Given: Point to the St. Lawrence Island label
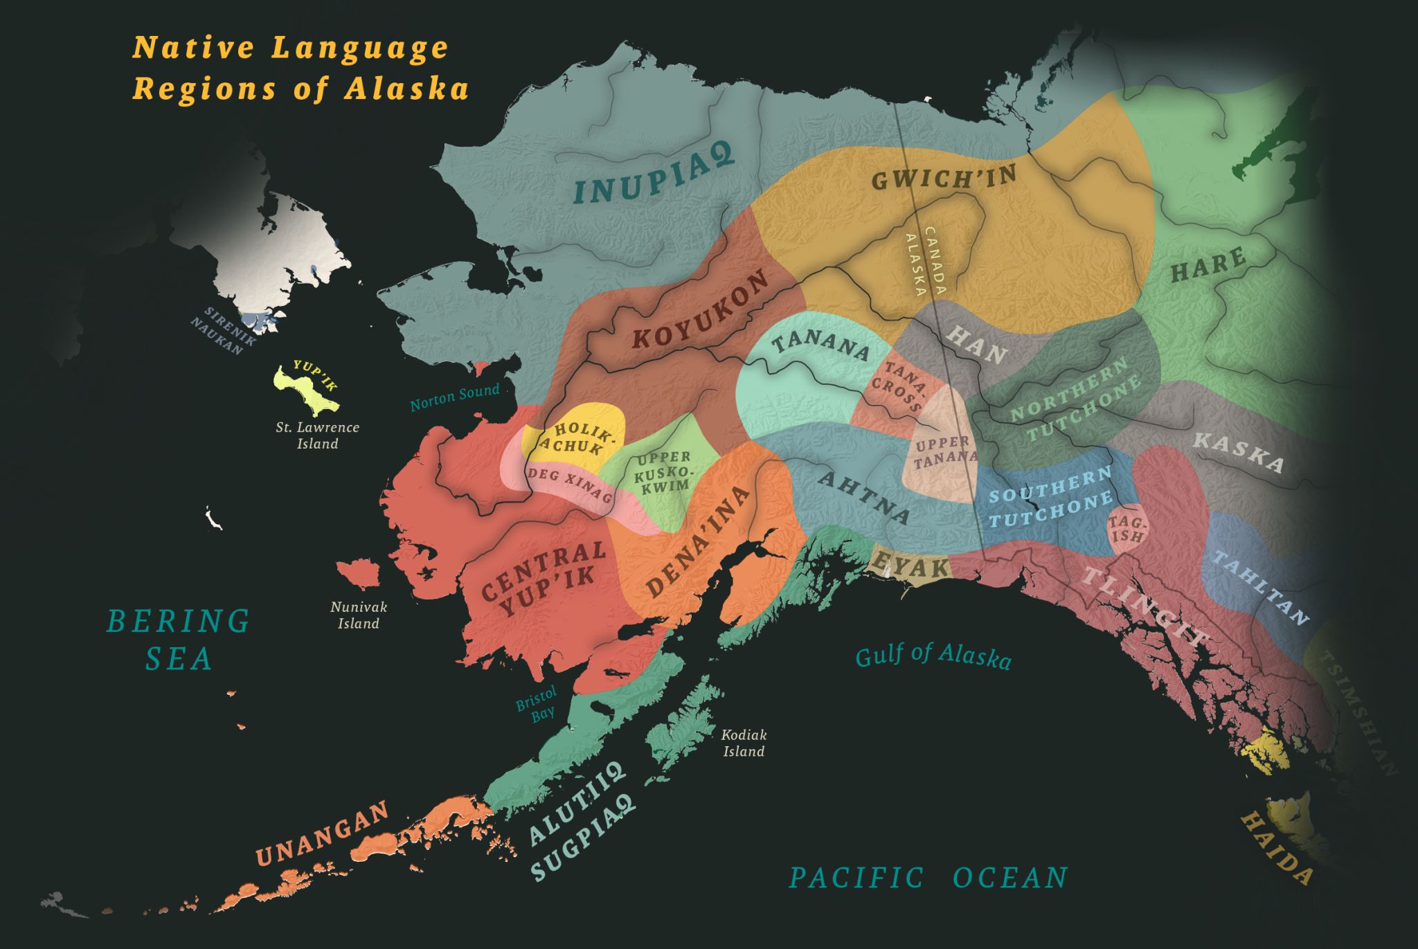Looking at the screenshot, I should (x=317, y=435).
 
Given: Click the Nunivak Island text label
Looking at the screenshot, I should (x=359, y=615).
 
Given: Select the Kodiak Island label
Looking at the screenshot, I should (x=744, y=743).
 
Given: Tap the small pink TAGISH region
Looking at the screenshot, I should (x=1127, y=530).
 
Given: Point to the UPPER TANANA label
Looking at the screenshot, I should (x=944, y=450).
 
